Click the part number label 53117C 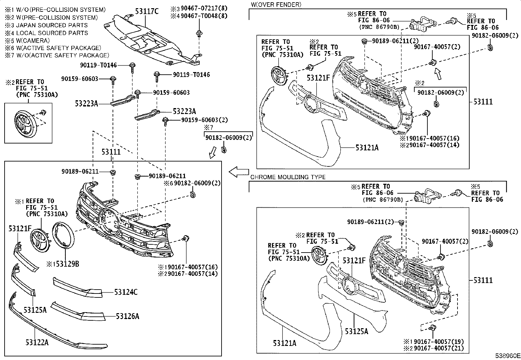tap(147, 12)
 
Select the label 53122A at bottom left tap(37, 342)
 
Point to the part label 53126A tap(127, 316)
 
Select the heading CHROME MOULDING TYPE tap(288, 177)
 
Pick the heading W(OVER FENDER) tap(276, 4)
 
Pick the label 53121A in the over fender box tap(367, 148)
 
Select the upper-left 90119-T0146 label tap(98, 65)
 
